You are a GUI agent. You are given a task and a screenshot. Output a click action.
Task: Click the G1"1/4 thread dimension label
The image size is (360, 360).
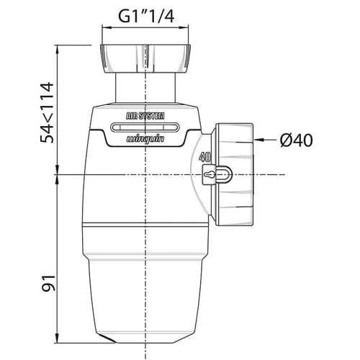[x=146, y=17]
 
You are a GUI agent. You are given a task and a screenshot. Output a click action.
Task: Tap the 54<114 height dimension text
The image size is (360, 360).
[x=47, y=112]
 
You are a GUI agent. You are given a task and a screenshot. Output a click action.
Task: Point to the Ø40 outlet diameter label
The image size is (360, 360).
[x=296, y=140]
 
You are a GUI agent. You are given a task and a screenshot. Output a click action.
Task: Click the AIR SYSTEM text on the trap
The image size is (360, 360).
[x=145, y=116]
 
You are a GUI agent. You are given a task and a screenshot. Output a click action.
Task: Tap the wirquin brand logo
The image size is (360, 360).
[x=145, y=139]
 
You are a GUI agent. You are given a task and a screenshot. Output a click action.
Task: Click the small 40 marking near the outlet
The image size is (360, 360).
[x=204, y=157]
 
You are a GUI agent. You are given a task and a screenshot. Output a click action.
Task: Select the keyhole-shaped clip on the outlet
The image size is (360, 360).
[x=217, y=174]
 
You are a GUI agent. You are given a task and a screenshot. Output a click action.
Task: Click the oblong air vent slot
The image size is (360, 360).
[x=145, y=127]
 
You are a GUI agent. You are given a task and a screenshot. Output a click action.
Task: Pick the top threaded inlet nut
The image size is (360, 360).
[x=145, y=58]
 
